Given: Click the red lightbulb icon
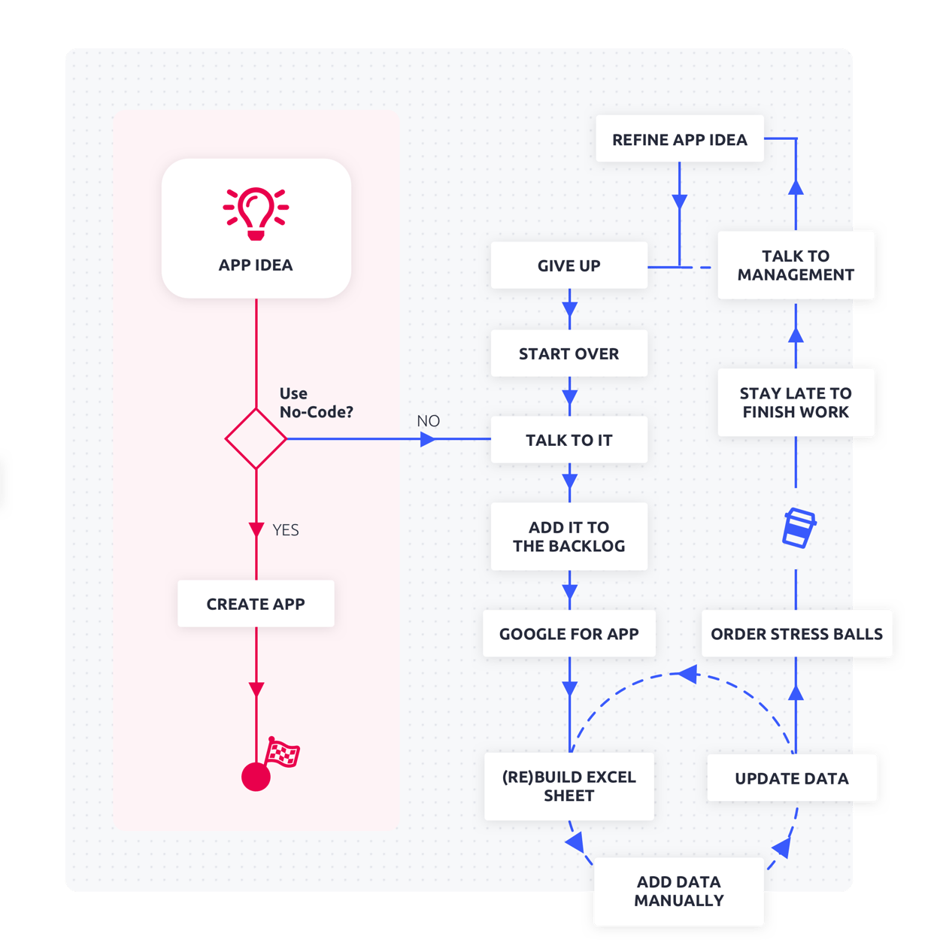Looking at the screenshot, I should (256, 214).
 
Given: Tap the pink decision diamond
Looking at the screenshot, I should (256, 438).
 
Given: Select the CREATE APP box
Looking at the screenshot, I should (256, 604).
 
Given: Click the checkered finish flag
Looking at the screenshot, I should (283, 752).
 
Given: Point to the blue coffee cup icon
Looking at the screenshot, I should (799, 528).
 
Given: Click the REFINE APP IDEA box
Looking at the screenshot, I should (680, 139).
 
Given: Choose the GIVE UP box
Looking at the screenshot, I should (569, 265).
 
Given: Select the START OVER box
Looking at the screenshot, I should (569, 353).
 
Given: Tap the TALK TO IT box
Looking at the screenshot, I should (569, 440).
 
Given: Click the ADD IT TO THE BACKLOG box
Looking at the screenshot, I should (569, 536).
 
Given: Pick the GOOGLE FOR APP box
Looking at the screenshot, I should (569, 634).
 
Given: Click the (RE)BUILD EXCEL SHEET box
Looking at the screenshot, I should (569, 786).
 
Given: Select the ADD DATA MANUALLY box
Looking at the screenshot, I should (678, 891).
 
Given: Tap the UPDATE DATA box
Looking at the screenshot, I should (792, 778).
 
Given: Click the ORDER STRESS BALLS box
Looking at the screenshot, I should (796, 634).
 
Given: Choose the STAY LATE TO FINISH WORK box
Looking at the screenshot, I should (796, 402).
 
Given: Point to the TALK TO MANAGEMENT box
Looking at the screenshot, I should (796, 265).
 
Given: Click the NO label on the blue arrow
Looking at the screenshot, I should (428, 421).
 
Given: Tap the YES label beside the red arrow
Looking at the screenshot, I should (285, 530).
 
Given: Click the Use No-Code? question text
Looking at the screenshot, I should (315, 402).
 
